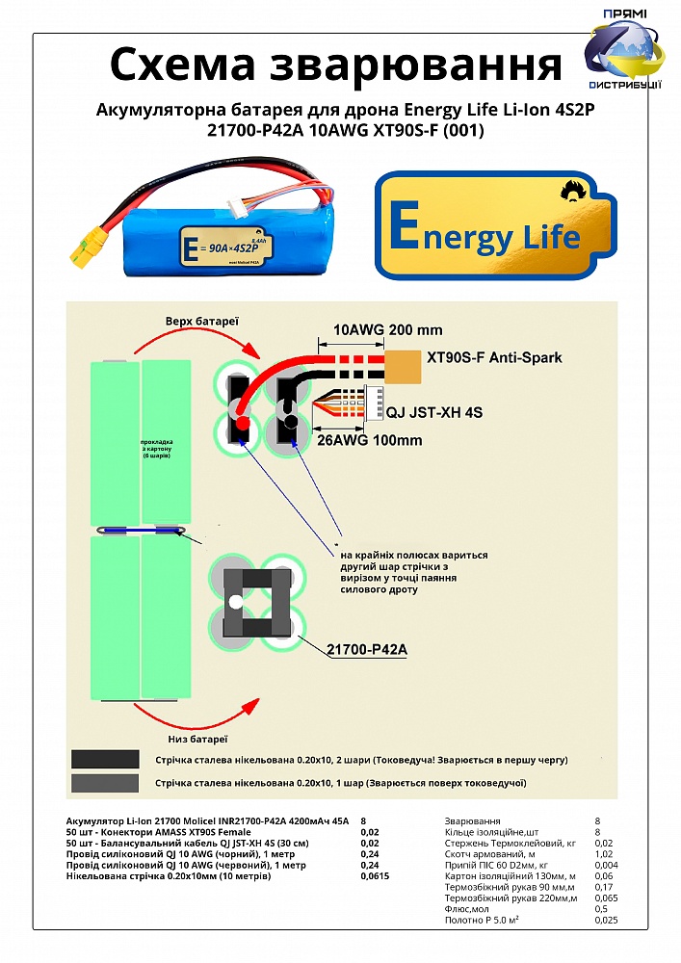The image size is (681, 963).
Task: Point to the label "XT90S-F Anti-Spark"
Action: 493,357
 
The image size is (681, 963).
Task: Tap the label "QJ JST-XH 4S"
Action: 434,412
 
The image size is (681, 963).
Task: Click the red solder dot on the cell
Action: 243,423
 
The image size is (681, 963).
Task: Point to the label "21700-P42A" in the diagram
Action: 367,650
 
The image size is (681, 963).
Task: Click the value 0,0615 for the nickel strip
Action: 375,877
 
